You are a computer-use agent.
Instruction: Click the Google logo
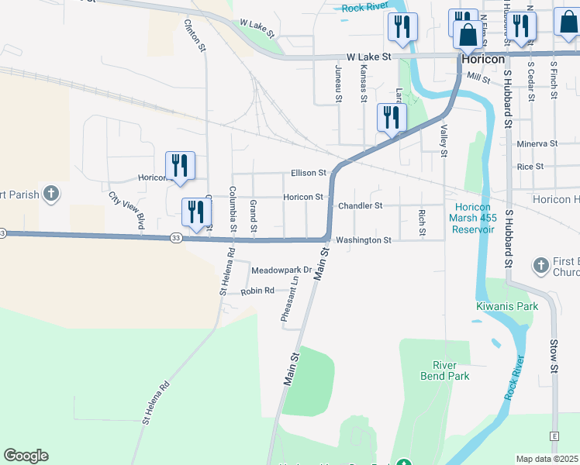pyautogui.click(x=26, y=456)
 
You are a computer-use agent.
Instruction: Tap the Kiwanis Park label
pyautogui.click(x=506, y=306)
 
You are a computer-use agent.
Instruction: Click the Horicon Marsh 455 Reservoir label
pyautogui.click(x=474, y=218)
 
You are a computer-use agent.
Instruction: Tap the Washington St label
pyautogui.click(x=364, y=240)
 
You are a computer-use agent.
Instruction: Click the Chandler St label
pyautogui.click(x=361, y=206)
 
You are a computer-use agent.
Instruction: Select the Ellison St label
pyautogui.click(x=309, y=173)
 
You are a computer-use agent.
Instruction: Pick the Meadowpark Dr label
pyautogui.click(x=281, y=270)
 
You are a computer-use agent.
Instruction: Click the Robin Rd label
pyautogui.click(x=257, y=291)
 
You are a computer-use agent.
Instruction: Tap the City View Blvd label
pyautogui.click(x=126, y=211)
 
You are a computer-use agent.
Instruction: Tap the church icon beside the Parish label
pyautogui.click(x=50, y=194)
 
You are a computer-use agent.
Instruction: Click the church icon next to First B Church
pyautogui.click(x=541, y=266)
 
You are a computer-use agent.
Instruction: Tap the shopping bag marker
pyautogui.click(x=468, y=36)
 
